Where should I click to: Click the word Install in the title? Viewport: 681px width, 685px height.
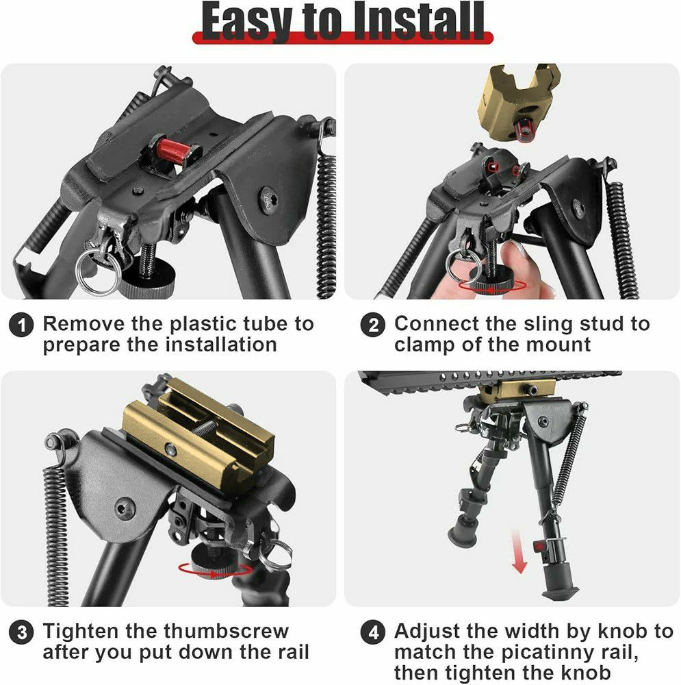click(x=419, y=21)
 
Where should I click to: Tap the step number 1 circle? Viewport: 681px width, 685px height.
click(x=21, y=325)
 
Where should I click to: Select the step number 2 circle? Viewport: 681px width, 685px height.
click(x=373, y=325)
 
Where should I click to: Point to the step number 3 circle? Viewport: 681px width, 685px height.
click(x=21, y=633)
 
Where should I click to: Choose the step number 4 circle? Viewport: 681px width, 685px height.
click(x=373, y=633)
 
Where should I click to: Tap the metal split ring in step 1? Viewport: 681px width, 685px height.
click(x=99, y=272)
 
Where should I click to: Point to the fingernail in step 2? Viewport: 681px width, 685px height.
click(x=517, y=251)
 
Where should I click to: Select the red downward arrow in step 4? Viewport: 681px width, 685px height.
click(x=519, y=551)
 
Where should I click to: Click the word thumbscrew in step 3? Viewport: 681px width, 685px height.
click(x=226, y=632)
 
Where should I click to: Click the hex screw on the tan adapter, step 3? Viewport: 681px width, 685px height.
click(x=170, y=449)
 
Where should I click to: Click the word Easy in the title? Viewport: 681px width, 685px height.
click(x=246, y=23)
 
